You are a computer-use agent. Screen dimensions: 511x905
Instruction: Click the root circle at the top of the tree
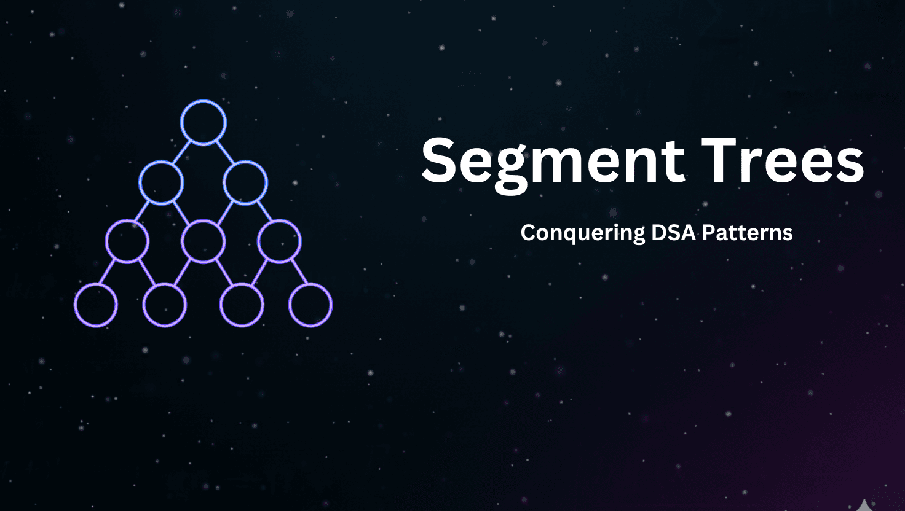pos(204,122)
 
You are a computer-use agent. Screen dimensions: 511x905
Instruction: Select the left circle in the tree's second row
pos(161,182)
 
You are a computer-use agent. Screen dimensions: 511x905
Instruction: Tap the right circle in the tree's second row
pos(245,182)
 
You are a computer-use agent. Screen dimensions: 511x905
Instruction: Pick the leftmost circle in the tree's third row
pos(127,241)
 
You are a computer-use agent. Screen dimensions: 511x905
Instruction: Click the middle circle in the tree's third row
pos(204,241)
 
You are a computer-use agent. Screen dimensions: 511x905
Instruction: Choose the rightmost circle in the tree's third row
pos(279,241)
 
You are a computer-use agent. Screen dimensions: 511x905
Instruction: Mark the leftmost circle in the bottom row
pos(96,305)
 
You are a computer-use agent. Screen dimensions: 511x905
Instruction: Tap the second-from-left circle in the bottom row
pos(164,305)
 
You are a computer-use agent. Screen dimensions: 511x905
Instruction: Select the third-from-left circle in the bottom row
pos(242,305)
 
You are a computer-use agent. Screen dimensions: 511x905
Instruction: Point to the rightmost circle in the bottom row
pos(310,305)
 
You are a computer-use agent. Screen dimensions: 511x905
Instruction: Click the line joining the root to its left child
pos(182,153)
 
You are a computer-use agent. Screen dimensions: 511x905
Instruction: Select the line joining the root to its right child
pos(225,153)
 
